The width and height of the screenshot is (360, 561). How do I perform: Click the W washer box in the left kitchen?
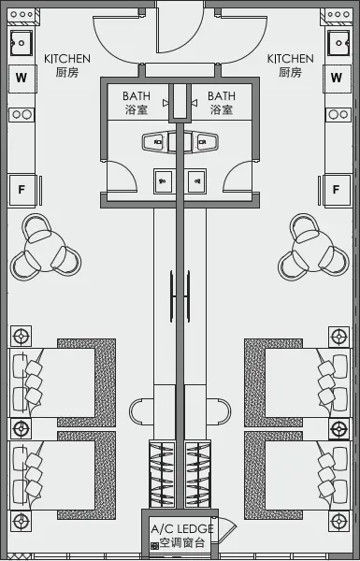pos(21,79)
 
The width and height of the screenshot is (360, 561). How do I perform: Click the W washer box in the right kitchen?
pos(337,79)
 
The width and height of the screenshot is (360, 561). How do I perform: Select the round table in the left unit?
pos(43,246)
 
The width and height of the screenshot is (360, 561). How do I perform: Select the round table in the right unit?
pos(315,246)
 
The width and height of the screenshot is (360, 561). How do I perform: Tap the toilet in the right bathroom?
pos(206,143)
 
